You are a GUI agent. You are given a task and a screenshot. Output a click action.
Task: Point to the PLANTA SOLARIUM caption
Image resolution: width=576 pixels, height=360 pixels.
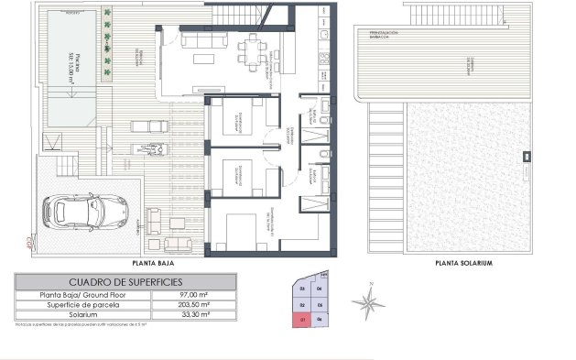point(464,263)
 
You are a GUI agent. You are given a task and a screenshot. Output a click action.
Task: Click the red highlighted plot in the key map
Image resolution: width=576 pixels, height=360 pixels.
point(301,319)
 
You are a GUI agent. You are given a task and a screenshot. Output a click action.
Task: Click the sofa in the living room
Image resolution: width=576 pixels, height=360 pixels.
point(196,42)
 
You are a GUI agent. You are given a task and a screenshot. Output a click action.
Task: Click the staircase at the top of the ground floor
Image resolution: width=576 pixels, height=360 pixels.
point(238,13)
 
